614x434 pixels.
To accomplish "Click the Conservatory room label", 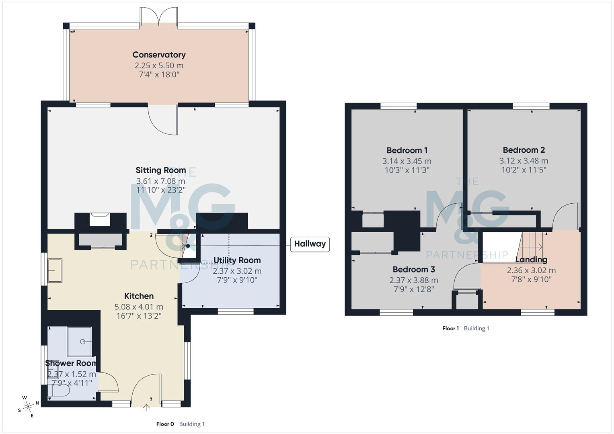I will (159, 55).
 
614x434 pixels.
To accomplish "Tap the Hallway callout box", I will (310, 244).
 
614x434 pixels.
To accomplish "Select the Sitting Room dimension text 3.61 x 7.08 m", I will (160, 181).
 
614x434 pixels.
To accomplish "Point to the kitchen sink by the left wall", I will (55, 270).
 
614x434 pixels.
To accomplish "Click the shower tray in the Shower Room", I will (80, 342).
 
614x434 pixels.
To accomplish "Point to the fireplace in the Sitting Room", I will (99, 220).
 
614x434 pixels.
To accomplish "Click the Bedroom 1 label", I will (407, 150).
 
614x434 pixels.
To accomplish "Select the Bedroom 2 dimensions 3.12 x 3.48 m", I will (524, 161).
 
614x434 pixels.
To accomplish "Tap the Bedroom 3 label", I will (414, 269).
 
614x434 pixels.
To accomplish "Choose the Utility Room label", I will (237, 260).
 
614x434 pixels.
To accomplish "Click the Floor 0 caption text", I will (165, 424).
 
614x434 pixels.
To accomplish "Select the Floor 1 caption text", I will (450, 328).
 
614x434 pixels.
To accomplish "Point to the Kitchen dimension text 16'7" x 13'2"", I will (139, 316).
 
